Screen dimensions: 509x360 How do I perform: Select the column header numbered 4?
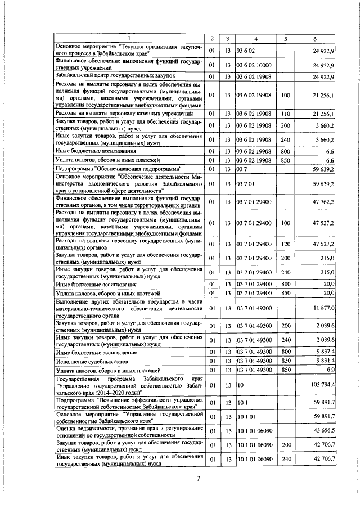(256, 38)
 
